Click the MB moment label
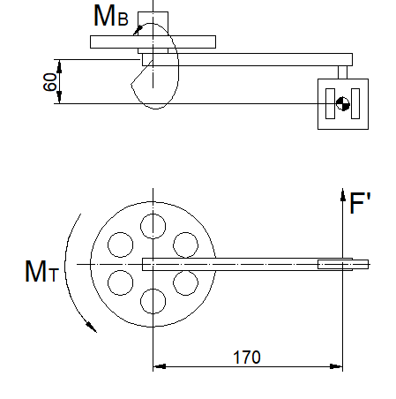(x=113, y=16)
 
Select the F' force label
(x=361, y=205)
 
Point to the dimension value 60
(x=50, y=82)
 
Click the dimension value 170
(x=246, y=358)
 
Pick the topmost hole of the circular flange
(x=153, y=226)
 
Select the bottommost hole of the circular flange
(x=153, y=301)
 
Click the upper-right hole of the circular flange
(x=185, y=245)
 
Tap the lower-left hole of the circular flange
(x=120, y=282)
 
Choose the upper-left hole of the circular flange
(x=120, y=245)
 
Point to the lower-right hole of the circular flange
(x=185, y=282)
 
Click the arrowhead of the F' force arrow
(x=343, y=193)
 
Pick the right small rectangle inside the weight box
(x=355, y=103)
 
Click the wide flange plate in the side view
(x=153, y=41)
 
